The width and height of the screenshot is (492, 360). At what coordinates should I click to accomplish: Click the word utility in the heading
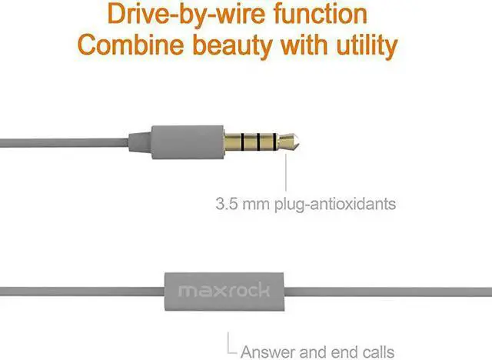[x=364, y=46]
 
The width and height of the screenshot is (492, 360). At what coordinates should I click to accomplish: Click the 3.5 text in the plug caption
[x=227, y=205]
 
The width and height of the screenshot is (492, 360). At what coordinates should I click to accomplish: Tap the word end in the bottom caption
[x=341, y=352]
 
